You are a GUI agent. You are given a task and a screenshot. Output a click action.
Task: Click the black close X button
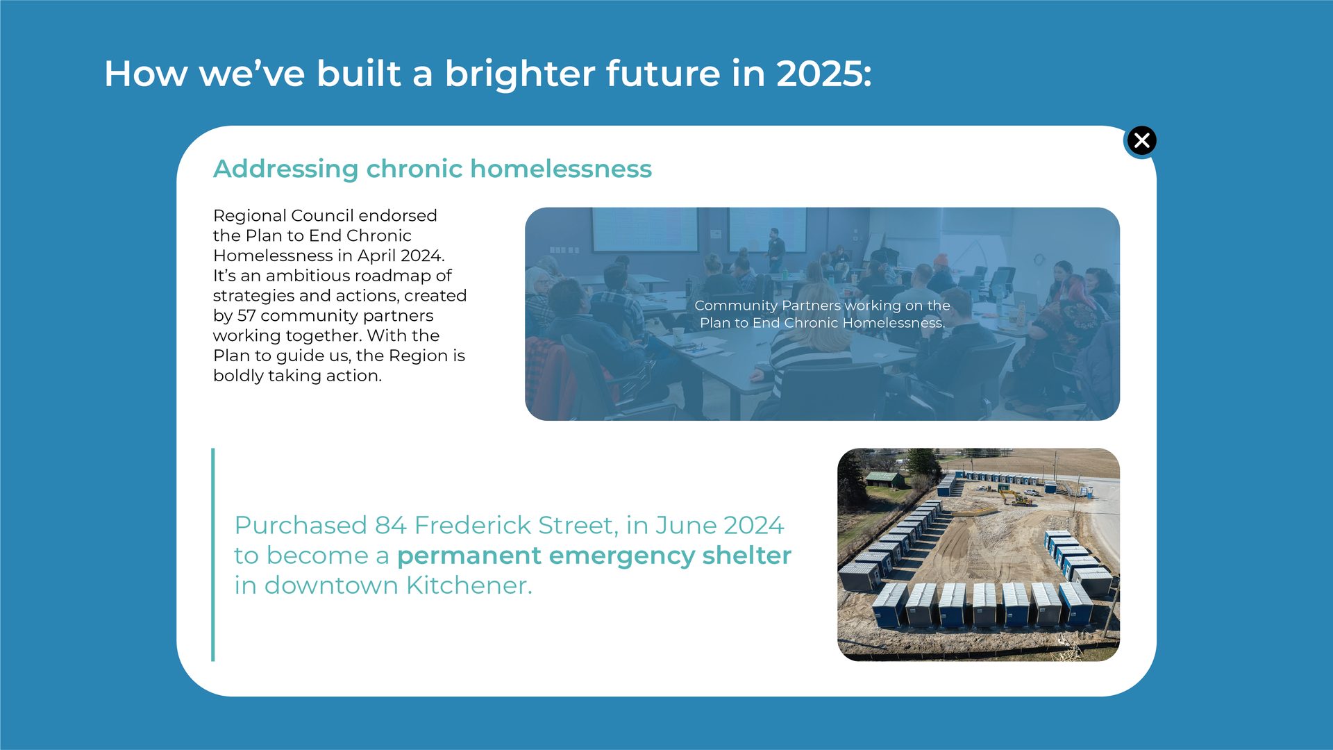pos(1141,141)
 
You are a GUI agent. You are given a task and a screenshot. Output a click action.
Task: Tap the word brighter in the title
pos(519,74)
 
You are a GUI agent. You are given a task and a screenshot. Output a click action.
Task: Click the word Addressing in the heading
pos(285,169)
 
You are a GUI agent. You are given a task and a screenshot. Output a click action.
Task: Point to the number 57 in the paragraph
pos(246,316)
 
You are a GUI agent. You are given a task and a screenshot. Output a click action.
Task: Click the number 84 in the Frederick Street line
pos(390,526)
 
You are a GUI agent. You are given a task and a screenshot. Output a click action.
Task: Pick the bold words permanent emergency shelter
pos(594,556)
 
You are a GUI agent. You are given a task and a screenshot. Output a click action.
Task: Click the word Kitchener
pos(469,585)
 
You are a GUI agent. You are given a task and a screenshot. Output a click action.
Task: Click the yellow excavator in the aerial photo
pos(1016,497)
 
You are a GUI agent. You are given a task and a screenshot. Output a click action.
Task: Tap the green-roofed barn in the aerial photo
pos(885,478)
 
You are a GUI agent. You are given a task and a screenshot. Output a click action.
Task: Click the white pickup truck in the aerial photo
pos(1032,492)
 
